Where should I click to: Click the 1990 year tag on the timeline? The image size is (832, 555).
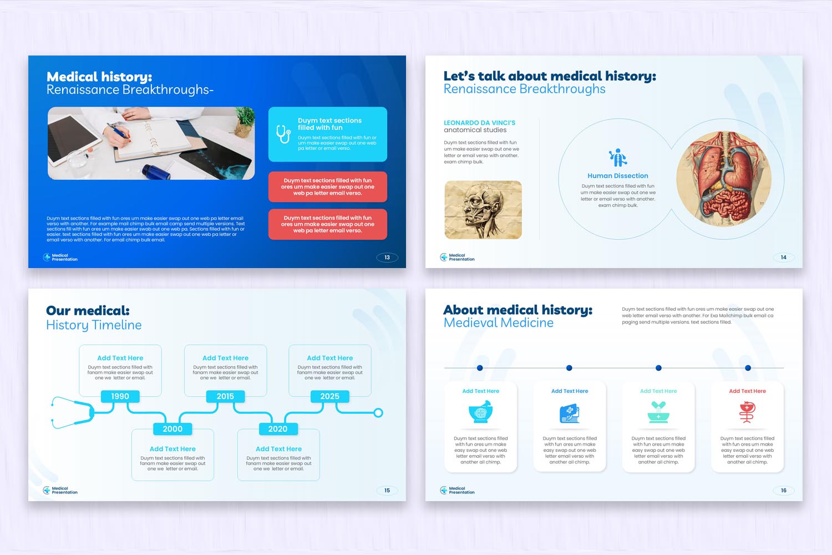pyautogui.click(x=120, y=396)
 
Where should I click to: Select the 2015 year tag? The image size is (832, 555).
pyautogui.click(x=225, y=396)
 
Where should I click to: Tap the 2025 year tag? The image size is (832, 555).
pyautogui.click(x=329, y=396)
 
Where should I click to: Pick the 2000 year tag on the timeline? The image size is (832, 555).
pyautogui.click(x=173, y=429)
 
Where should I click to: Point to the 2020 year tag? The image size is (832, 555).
pyautogui.click(x=278, y=429)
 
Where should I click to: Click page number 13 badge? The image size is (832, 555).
pyautogui.click(x=387, y=258)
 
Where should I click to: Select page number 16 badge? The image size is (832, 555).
pyautogui.click(x=783, y=491)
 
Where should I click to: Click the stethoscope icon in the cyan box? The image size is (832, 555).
pyautogui.click(x=283, y=134)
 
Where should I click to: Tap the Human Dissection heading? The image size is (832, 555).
pyautogui.click(x=618, y=176)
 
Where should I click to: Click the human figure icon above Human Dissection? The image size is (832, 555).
pyautogui.click(x=618, y=158)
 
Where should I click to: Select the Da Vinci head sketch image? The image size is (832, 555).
pyautogui.click(x=483, y=210)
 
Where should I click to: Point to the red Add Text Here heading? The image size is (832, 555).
pyautogui.click(x=747, y=391)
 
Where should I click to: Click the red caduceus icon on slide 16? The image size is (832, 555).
pyautogui.click(x=747, y=412)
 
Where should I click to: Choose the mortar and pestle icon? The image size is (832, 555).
pyautogui.click(x=481, y=412)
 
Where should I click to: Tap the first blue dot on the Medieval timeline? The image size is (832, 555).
pyautogui.click(x=480, y=368)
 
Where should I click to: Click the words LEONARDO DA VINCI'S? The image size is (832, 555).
pyautogui.click(x=479, y=123)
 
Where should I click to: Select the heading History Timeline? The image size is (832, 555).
pyautogui.click(x=94, y=325)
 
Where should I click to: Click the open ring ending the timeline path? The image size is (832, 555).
pyautogui.click(x=378, y=413)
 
